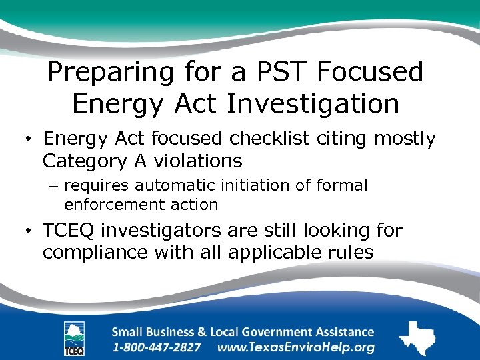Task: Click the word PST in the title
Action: pyautogui.click(x=272, y=72)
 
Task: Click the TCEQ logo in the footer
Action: pyautogui.click(x=74, y=339)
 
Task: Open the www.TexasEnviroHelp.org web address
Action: pyautogui.click(x=295, y=347)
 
